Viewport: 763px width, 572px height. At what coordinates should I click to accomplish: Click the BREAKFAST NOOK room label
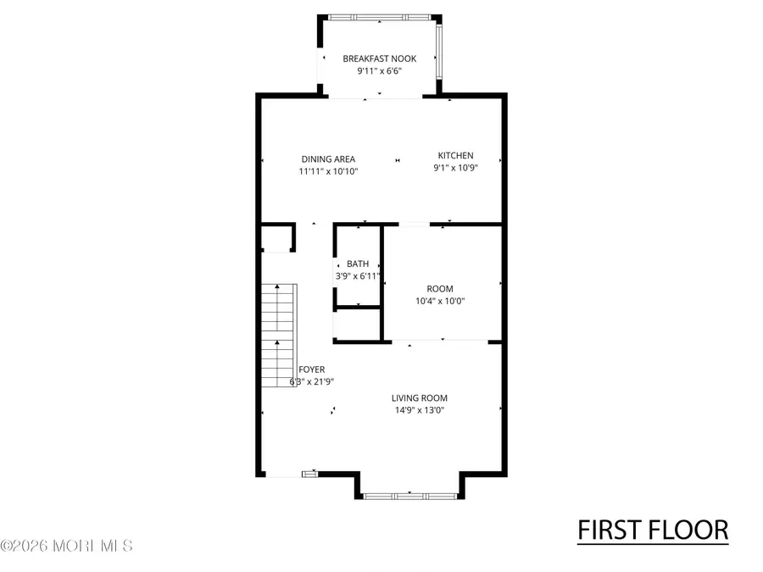379,58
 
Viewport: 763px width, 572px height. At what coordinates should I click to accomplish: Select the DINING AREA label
328,158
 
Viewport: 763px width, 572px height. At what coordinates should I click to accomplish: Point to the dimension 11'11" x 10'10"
328,171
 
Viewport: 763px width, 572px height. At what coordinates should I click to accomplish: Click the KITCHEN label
455,155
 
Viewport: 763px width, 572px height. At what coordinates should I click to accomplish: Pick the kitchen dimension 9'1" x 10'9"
455,168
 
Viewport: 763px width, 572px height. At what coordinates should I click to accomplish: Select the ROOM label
440,288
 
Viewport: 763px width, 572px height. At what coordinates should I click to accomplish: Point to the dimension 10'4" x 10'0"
440,301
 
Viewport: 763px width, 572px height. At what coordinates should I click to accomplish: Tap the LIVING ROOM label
419,397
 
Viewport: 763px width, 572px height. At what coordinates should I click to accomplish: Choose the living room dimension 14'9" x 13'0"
419,410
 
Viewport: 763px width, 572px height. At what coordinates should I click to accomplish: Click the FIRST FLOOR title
652,530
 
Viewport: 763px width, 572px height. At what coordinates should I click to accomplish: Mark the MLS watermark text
67,546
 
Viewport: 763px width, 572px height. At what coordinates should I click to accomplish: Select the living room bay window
409,494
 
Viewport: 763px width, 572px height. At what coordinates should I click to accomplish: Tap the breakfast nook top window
379,17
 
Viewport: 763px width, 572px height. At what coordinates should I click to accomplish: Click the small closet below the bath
357,325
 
